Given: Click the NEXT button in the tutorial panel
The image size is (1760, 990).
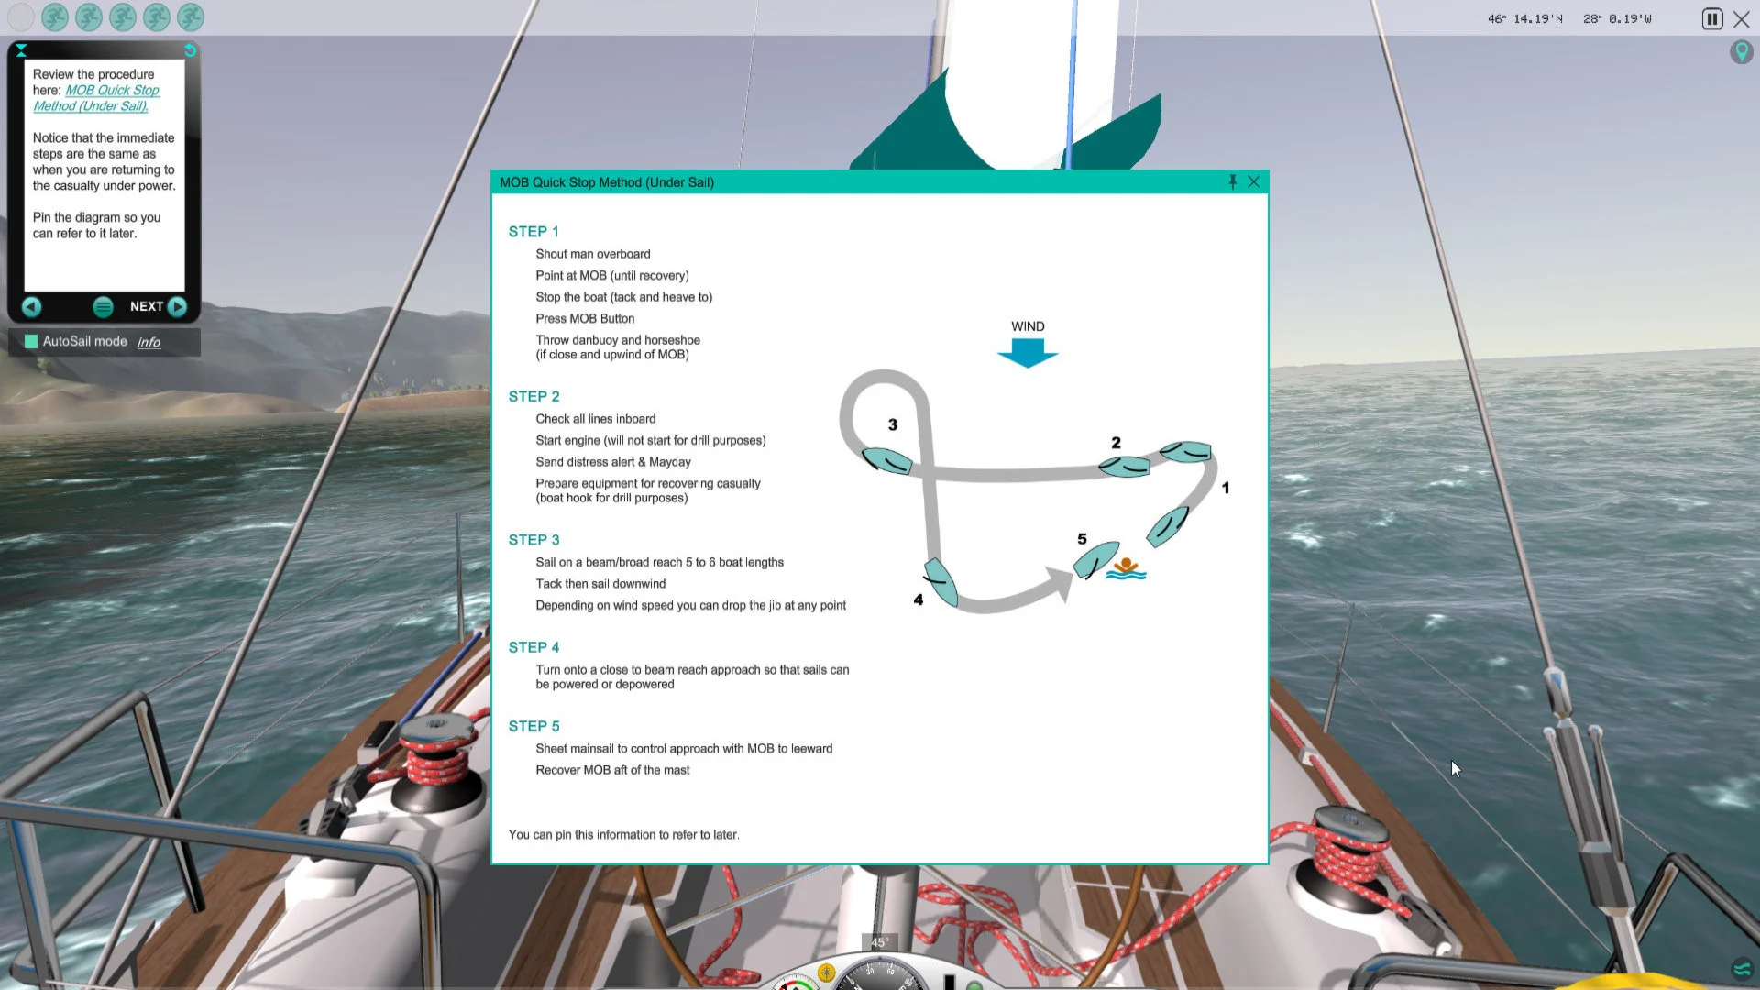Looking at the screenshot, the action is click(159, 306).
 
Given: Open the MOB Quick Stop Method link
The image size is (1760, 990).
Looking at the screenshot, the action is click(96, 98).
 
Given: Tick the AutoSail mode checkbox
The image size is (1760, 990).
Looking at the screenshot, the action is click(31, 341).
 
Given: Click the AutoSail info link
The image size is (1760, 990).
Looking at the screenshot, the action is click(148, 342).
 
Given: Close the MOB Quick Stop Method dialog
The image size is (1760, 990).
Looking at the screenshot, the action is click(1253, 181).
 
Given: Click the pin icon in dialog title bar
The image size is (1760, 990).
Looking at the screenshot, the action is click(1232, 181).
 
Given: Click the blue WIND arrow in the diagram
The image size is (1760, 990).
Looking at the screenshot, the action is click(1028, 353).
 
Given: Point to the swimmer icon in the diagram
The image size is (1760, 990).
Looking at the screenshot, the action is click(1126, 569).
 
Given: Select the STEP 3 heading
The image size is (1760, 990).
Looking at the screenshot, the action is click(533, 540).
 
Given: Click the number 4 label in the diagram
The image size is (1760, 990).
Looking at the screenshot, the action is click(918, 599).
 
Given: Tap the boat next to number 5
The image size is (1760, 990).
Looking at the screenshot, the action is click(1095, 559).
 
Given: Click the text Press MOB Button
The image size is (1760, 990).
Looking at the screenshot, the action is click(585, 318).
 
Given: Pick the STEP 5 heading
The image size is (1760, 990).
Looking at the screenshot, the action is click(533, 726).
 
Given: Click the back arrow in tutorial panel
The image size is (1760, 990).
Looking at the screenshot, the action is click(31, 306).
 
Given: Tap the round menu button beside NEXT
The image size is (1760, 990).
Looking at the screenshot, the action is click(103, 307).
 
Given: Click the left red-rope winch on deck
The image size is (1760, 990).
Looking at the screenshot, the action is click(437, 761).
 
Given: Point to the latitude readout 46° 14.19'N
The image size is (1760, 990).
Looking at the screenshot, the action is click(1525, 18).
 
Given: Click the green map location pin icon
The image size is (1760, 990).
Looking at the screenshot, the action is click(1741, 51).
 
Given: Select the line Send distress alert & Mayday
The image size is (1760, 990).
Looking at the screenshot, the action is click(613, 462).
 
